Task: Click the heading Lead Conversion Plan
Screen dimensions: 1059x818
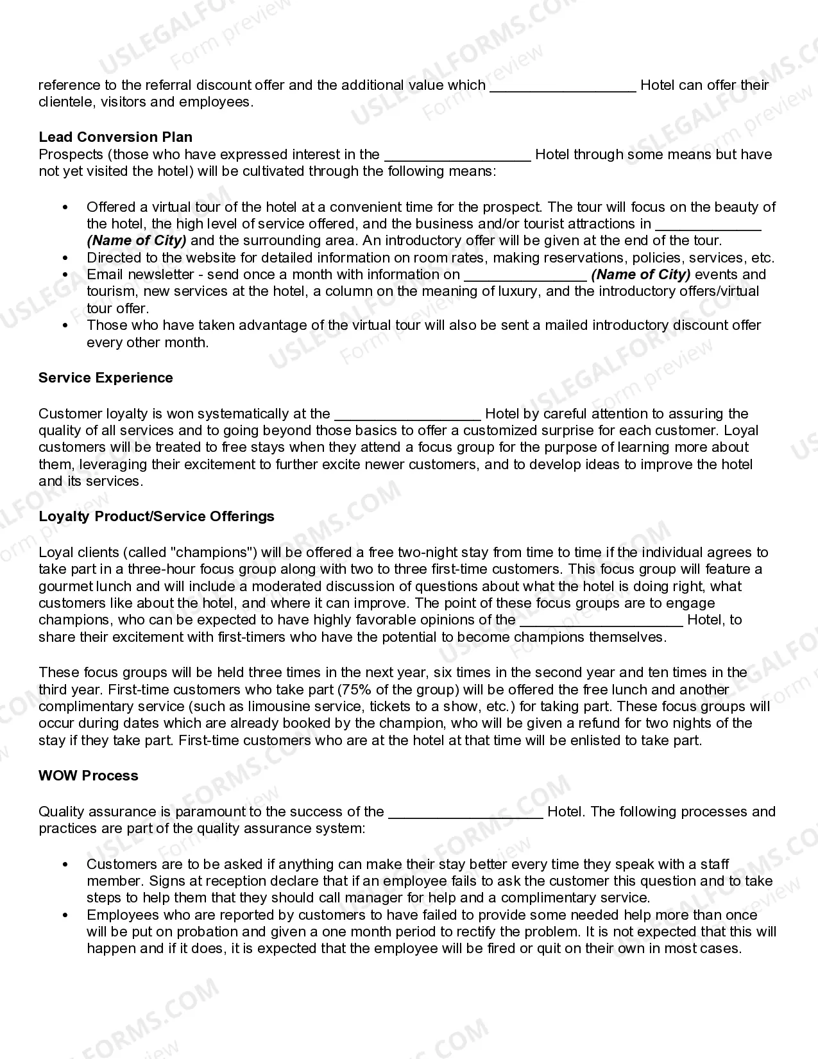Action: (x=115, y=137)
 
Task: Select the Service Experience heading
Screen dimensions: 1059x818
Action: (x=106, y=377)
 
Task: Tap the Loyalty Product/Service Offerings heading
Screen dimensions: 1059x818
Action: (x=156, y=516)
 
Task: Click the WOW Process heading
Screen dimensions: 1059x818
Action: (x=89, y=775)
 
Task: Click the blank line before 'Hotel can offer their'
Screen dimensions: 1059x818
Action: (x=563, y=87)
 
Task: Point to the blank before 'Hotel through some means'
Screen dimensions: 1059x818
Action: (x=457, y=156)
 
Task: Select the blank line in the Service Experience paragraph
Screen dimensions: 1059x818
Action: (x=407, y=415)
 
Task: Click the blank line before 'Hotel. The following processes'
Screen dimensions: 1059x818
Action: (x=466, y=813)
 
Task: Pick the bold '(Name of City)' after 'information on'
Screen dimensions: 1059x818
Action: (x=640, y=275)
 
